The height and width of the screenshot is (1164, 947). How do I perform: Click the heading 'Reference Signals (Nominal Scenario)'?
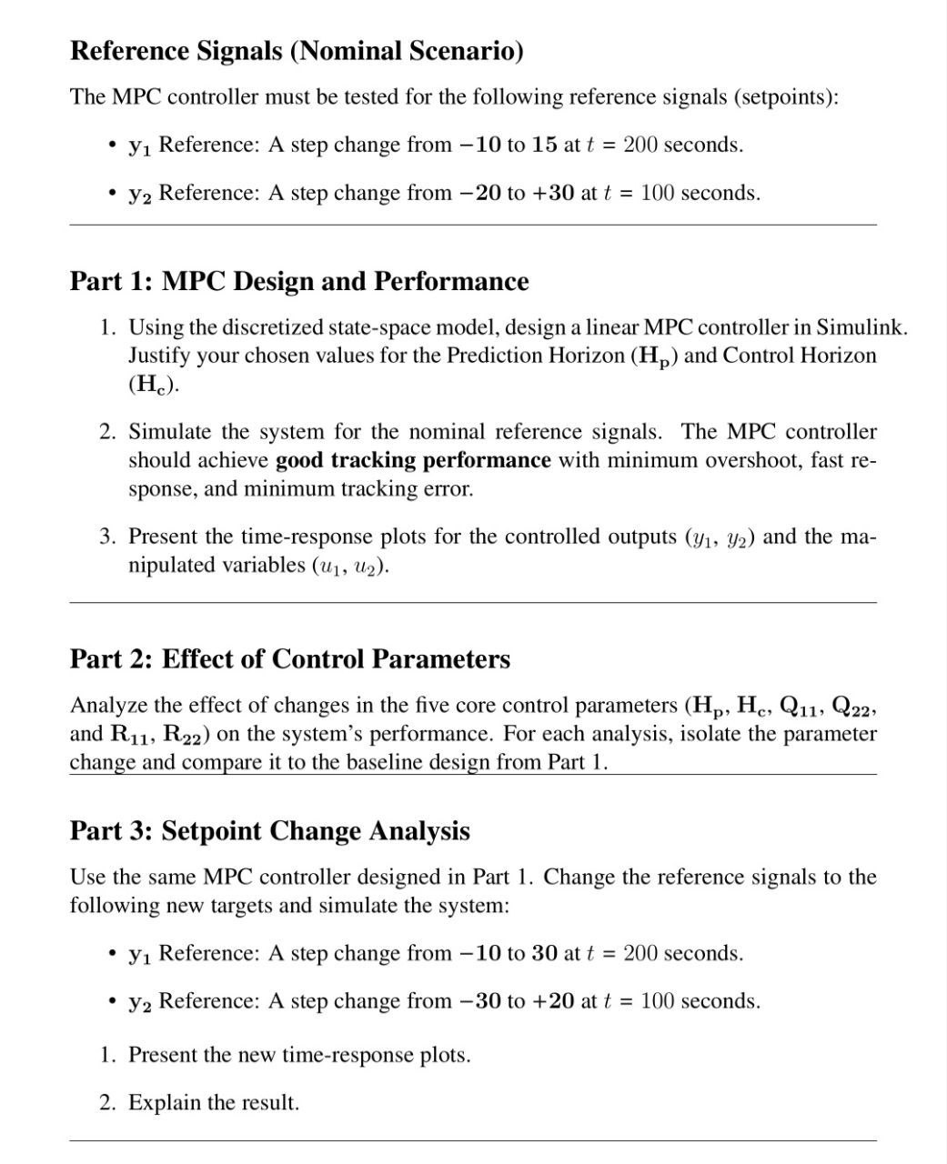pyautogui.click(x=297, y=51)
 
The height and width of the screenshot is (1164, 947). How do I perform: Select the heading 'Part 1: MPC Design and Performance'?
pyautogui.click(x=299, y=281)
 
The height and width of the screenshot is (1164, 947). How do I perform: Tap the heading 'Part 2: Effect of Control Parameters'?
pyautogui.click(x=290, y=658)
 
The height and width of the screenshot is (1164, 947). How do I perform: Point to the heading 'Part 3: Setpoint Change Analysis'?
pyautogui.click(x=270, y=830)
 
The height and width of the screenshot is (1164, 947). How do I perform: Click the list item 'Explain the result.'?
pyautogui.click(x=213, y=1102)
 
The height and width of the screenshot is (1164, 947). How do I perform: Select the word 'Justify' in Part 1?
pyautogui.click(x=159, y=356)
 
